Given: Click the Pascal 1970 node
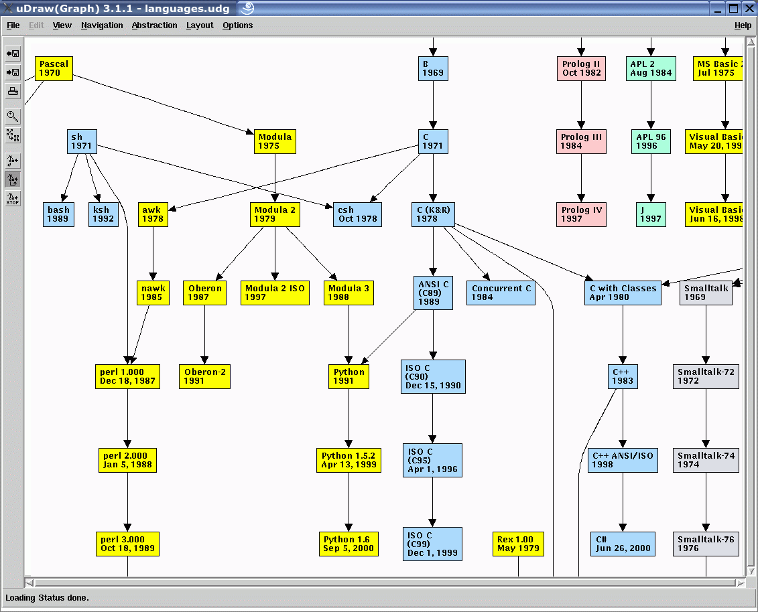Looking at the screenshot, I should (x=54, y=68).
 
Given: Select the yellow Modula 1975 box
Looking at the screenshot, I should (x=275, y=141).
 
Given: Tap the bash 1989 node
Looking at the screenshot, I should (x=58, y=214).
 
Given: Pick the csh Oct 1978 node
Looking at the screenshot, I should (x=357, y=214).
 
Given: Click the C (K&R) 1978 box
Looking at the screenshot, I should (x=434, y=214).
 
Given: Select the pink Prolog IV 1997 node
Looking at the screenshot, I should (x=581, y=214).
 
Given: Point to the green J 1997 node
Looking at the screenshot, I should (x=651, y=214).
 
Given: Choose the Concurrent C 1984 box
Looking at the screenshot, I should (x=501, y=293).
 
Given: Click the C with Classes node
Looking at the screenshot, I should (x=623, y=293).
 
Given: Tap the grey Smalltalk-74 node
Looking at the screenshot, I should (x=706, y=460).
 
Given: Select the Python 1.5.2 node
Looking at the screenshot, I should (x=349, y=460).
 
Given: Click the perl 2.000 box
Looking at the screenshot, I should (x=127, y=460).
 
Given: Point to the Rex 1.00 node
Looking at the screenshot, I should (x=518, y=544).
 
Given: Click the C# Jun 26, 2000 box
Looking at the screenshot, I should (x=623, y=544).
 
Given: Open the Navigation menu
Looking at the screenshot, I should (x=102, y=25).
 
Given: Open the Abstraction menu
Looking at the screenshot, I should (x=154, y=25).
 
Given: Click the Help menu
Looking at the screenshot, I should (x=743, y=25).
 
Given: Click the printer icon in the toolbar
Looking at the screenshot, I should (x=13, y=92).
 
